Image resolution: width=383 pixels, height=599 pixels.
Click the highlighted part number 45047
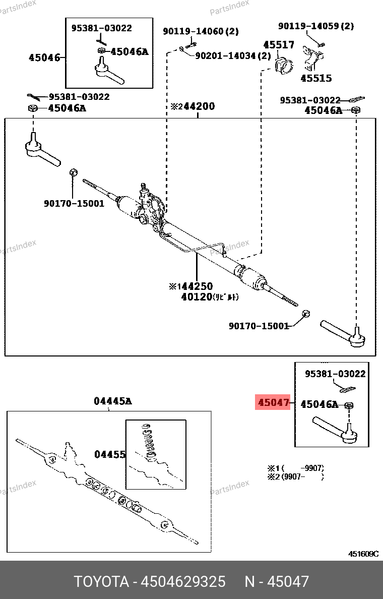tap(273, 403)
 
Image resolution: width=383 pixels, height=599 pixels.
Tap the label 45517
tap(279, 45)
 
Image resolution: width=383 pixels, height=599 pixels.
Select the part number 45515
tap(316, 78)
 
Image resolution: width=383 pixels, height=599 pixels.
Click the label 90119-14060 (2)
tap(201, 31)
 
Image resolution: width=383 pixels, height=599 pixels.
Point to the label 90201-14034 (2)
tap(233, 55)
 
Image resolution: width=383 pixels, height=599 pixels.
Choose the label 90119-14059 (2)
tap(316, 26)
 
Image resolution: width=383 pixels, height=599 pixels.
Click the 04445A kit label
tap(112, 401)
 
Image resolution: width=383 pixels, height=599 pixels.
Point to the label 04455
tap(110, 454)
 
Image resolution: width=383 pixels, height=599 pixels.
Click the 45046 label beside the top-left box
tap(44, 57)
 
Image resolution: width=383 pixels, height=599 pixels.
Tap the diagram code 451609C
tap(363, 554)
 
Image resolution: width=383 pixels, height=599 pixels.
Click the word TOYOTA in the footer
tap(101, 581)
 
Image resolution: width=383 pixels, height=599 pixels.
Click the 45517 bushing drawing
tap(283, 66)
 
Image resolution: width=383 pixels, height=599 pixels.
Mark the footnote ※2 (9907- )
tap(295, 476)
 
